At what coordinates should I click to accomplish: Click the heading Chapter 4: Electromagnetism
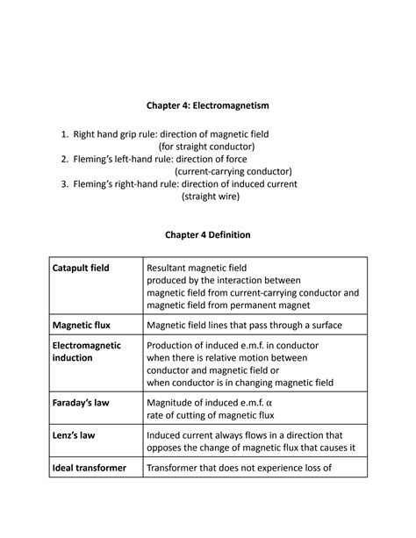coord(208,105)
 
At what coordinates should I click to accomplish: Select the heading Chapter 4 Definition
coord(208,235)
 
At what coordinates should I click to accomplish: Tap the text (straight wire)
coord(210,197)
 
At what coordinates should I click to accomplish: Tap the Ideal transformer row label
coord(89,468)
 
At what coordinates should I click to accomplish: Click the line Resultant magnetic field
coord(197,268)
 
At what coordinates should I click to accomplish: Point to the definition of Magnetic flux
coord(245,325)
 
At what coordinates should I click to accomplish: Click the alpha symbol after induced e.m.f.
coord(270,403)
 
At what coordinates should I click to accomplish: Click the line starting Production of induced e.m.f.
coord(233,346)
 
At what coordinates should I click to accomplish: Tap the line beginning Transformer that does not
coord(239,468)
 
